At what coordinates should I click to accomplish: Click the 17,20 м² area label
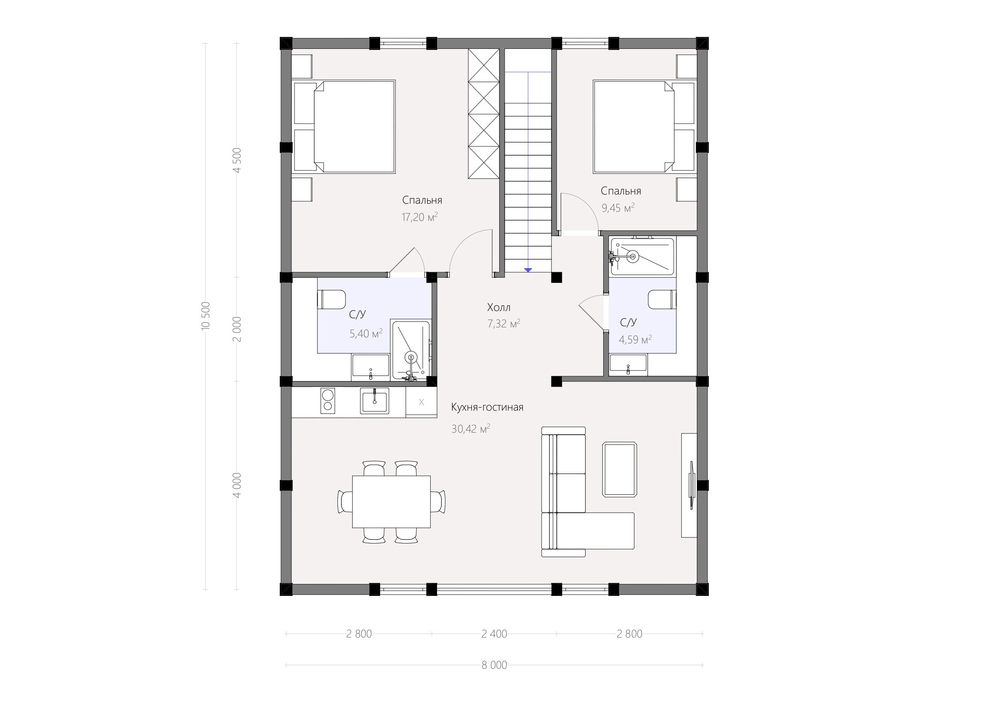419,217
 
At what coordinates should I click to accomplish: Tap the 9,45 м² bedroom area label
618,208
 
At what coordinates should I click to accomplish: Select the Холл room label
499,307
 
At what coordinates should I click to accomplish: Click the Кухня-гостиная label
487,407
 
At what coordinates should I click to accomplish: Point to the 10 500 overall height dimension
206,316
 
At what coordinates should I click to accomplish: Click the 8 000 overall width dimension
494,665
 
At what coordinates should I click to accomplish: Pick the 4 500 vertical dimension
237,160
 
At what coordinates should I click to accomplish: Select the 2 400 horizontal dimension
494,634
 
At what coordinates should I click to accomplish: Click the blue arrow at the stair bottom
528,270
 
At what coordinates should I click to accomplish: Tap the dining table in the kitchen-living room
391,502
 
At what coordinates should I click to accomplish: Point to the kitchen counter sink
375,401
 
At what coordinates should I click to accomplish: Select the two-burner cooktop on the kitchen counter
327,401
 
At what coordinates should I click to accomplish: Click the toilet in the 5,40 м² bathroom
332,300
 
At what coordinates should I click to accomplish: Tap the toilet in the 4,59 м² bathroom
662,299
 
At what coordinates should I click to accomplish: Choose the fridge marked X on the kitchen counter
421,402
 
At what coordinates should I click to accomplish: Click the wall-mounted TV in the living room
692,485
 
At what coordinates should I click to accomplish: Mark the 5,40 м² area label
366,333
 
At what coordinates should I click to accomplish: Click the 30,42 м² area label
471,429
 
